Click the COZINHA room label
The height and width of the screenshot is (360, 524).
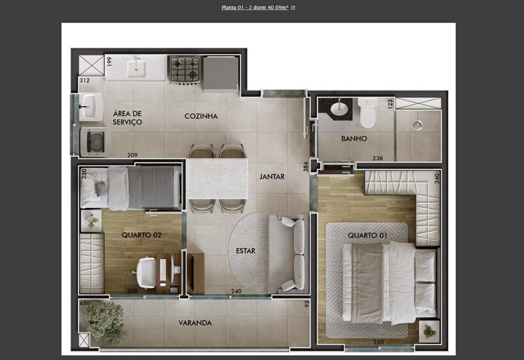pyautogui.click(x=201, y=116)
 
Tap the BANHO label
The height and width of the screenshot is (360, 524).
pyautogui.click(x=354, y=139)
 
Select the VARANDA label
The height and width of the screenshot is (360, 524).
pyautogui.click(x=195, y=323)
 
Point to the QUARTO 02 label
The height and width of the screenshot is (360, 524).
pyautogui.click(x=141, y=235)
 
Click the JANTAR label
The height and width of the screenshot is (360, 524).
pyautogui.click(x=272, y=176)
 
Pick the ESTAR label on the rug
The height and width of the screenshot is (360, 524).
pyautogui.click(x=245, y=251)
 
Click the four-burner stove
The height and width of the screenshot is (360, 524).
pyautogui.click(x=185, y=69)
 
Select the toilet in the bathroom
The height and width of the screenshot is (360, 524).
pyautogui.click(x=368, y=113)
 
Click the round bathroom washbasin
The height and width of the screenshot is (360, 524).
pyautogui.click(x=339, y=109)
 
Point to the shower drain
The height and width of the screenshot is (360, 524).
pyautogui.click(x=417, y=125)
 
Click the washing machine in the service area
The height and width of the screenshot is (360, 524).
pyautogui.click(x=95, y=142)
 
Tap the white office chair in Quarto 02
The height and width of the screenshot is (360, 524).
pyautogui.click(x=145, y=272)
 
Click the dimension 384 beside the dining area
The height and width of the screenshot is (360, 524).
pyautogui.click(x=306, y=167)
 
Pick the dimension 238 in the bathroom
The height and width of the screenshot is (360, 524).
pyautogui.click(x=378, y=158)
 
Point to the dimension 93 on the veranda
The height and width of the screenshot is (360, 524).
pyautogui.click(x=307, y=304)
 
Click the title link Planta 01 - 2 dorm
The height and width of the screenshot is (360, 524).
pyautogui.click(x=255, y=7)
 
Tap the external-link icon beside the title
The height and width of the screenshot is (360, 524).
pyautogui.click(x=293, y=8)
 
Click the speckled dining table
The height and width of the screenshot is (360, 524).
pyautogui.click(x=217, y=178)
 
